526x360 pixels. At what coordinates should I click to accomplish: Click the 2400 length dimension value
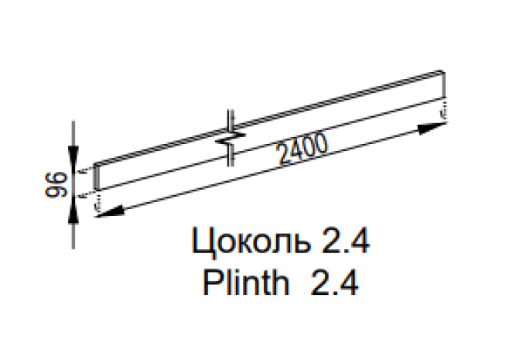point(302,149)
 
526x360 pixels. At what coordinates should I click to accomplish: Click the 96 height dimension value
point(56,184)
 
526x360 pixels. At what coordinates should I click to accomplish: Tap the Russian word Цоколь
point(251,242)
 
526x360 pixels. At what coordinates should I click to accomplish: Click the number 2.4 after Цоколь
point(346,241)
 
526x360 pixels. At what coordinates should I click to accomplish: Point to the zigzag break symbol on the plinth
point(231,138)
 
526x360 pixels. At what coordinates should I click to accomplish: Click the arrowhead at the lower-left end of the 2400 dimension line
point(110,211)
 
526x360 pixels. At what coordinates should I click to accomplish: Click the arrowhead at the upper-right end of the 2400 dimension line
point(432,128)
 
